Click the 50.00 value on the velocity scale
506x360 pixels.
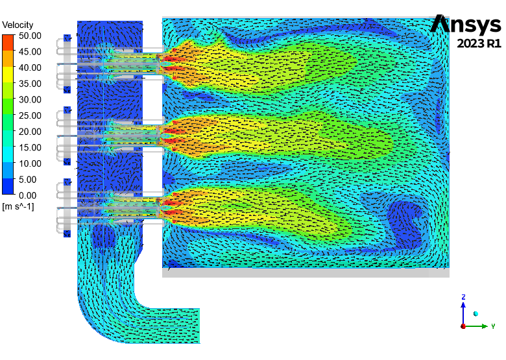30,36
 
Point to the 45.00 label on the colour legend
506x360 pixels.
30,52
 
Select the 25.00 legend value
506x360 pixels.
30,115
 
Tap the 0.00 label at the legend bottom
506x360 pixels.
27,195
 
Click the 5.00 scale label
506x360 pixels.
27,180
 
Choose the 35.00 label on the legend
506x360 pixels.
30,84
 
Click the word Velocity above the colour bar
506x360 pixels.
18,25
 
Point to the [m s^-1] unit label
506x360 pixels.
18,206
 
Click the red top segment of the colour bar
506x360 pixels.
8,43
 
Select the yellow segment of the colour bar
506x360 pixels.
8,75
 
